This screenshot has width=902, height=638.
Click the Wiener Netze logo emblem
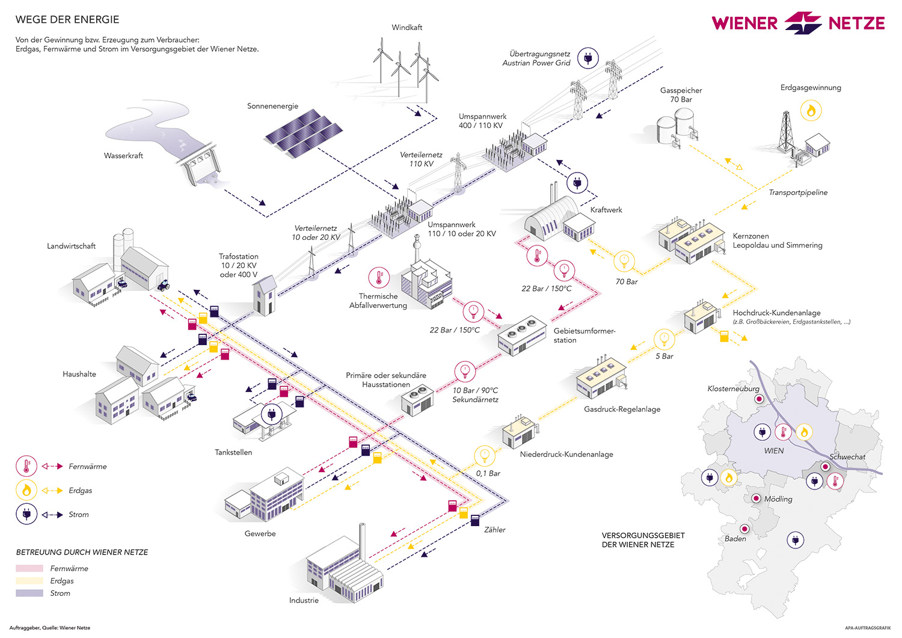[803, 23]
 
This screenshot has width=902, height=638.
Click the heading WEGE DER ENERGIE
[67, 20]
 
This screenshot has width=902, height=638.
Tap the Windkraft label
[407, 28]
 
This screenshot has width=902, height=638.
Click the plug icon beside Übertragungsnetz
[588, 58]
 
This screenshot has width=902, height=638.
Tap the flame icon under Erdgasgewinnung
[811, 111]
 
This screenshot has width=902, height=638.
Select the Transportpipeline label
[798, 193]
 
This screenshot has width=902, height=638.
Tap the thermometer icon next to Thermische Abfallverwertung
[379, 277]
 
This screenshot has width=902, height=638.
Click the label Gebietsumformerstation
[584, 336]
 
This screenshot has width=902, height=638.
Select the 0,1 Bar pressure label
[488, 474]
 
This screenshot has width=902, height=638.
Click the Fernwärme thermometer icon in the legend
[26, 466]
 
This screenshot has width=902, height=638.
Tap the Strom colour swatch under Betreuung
[29, 594]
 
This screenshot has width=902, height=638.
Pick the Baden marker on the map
[744, 529]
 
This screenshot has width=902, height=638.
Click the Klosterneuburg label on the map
[733, 389]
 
